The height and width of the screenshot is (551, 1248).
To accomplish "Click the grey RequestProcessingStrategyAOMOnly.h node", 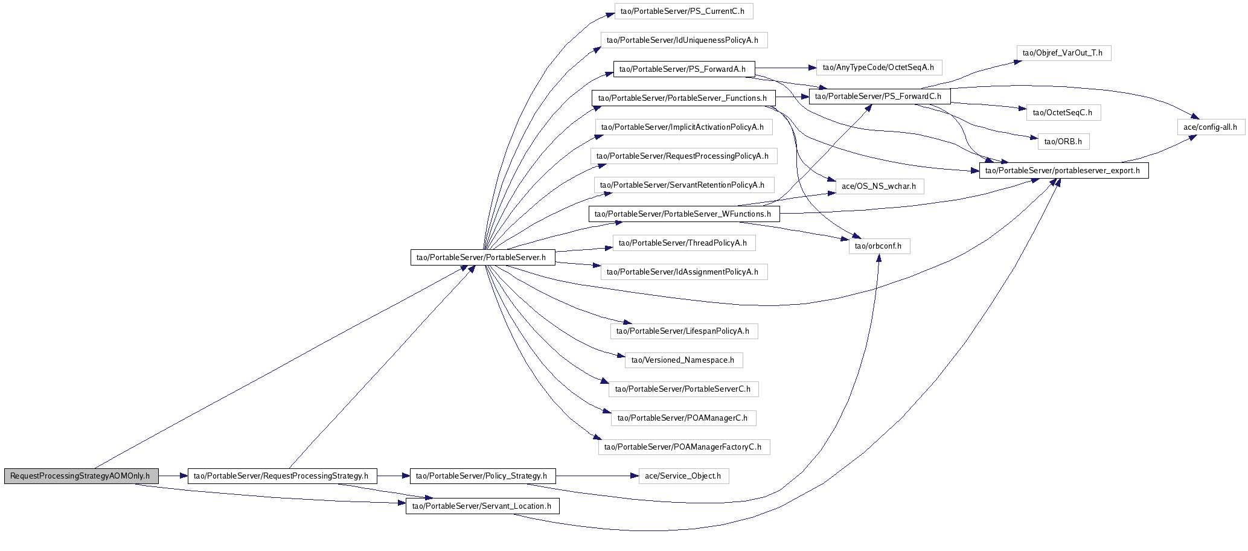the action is pyautogui.click(x=81, y=476).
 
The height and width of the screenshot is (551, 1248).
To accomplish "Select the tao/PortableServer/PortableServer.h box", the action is pyautogui.click(x=482, y=257).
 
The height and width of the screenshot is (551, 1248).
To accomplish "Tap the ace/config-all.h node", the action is pyautogui.click(x=1211, y=127).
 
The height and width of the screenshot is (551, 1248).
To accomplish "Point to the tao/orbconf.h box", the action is pyautogui.click(x=879, y=246).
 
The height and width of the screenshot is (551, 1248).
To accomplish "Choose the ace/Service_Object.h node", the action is pyautogui.click(x=683, y=476).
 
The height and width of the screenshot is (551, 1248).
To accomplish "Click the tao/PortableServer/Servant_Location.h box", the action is pyautogui.click(x=482, y=506).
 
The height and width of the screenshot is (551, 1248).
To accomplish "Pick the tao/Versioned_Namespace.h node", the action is pyautogui.click(x=683, y=360).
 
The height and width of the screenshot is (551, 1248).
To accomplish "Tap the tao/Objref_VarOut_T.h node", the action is pyautogui.click(x=1063, y=53).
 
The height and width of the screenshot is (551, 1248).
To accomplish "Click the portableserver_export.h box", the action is pyautogui.click(x=1063, y=170).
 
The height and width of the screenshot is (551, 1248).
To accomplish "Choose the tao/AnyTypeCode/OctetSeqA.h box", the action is pyautogui.click(x=879, y=67).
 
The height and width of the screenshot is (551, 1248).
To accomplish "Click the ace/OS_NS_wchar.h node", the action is pyautogui.click(x=879, y=186).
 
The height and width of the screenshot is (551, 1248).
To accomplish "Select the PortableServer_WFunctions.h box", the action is pyautogui.click(x=683, y=214).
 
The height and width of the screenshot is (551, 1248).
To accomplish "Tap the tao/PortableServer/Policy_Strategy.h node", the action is pyautogui.click(x=482, y=476).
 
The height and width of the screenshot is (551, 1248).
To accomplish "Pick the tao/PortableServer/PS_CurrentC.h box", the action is pyautogui.click(x=683, y=11).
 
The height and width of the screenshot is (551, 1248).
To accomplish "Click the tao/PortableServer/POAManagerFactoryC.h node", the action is pyautogui.click(x=683, y=447).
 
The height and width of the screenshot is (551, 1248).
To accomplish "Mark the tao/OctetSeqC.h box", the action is pyautogui.click(x=1063, y=112).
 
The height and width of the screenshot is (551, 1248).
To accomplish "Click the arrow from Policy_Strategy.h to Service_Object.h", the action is pyautogui.click(x=597, y=476).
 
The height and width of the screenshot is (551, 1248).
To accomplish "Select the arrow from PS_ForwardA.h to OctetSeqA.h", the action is pyautogui.click(x=786, y=67).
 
